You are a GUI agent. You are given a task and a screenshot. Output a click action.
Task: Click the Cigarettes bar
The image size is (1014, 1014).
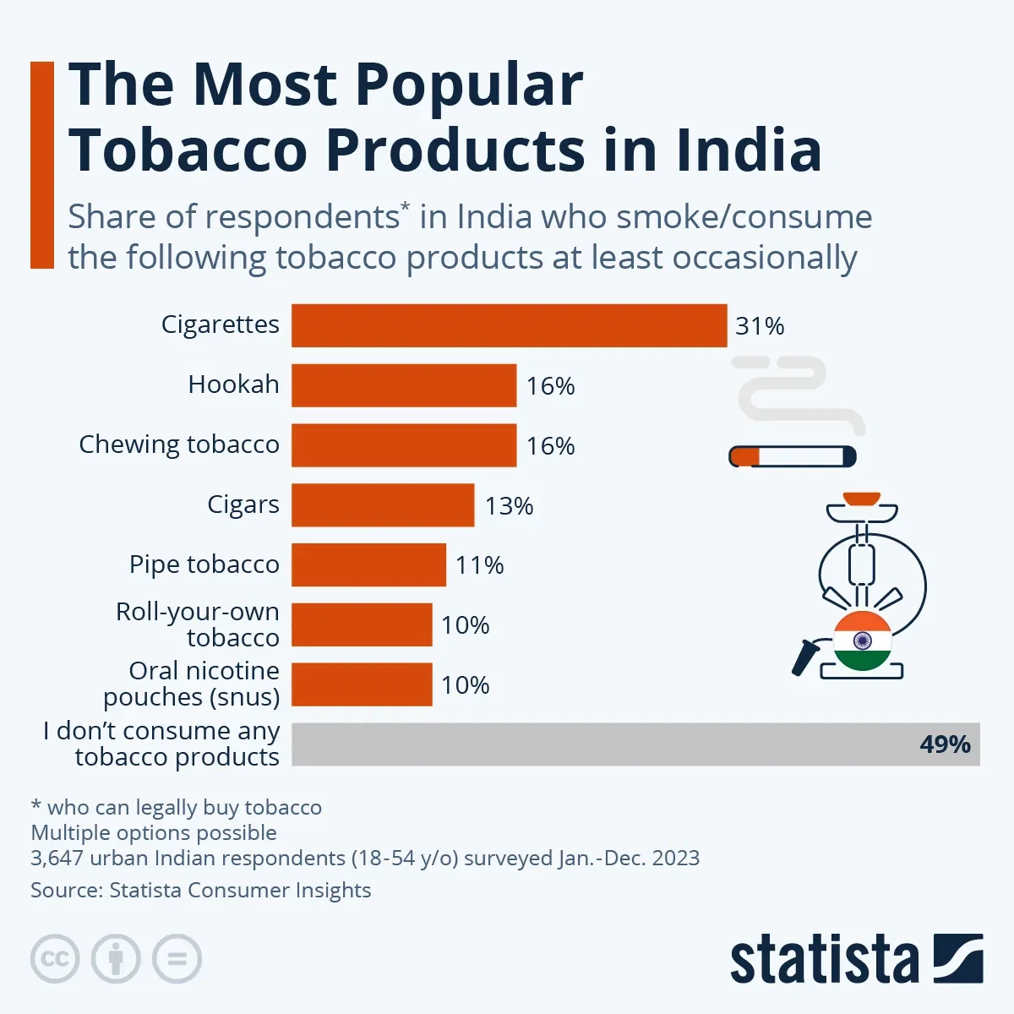tap(509, 325)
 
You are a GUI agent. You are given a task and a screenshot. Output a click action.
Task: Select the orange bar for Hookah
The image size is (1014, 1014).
tap(404, 385)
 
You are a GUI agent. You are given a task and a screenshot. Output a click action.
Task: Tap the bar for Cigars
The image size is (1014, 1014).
tap(383, 504)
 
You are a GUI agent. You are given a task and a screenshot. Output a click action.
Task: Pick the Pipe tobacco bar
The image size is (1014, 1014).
tap(368, 564)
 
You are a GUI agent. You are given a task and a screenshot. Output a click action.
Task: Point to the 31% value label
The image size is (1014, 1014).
tap(760, 326)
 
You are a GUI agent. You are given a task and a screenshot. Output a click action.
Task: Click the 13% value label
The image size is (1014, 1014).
tap(509, 506)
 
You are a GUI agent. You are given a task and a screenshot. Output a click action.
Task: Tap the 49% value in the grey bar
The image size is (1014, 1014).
tap(945, 744)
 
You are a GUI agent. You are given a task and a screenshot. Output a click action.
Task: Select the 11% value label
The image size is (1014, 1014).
tap(479, 565)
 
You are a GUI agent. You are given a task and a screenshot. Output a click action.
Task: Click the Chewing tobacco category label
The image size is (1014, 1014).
tap(179, 444)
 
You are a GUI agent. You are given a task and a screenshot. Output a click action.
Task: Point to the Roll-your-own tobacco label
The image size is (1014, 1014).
tap(198, 624)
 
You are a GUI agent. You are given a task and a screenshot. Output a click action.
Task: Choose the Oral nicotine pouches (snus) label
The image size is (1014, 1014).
tap(192, 684)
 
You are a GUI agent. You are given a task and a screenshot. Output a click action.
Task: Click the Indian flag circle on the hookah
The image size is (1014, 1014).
tap(863, 641)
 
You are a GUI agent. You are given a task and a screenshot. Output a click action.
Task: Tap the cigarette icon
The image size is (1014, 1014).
tap(793, 457)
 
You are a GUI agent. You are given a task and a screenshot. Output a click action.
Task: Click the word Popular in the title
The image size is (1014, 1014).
tap(469, 84)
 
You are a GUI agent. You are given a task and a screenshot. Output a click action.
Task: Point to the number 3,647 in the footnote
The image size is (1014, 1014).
tap(57, 859)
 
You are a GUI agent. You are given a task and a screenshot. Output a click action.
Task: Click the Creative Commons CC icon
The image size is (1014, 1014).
tap(55, 959)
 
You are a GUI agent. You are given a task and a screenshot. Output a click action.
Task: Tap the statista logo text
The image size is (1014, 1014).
tap(824, 960)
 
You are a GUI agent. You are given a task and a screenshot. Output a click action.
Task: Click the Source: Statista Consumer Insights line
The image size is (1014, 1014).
tap(201, 891)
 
